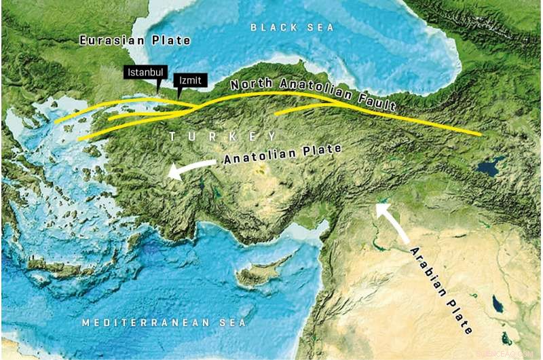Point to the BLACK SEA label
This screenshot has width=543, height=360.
(x=293, y=27)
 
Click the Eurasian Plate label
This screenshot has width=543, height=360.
(x=134, y=41)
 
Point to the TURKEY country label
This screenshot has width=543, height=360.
(x=223, y=136)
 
